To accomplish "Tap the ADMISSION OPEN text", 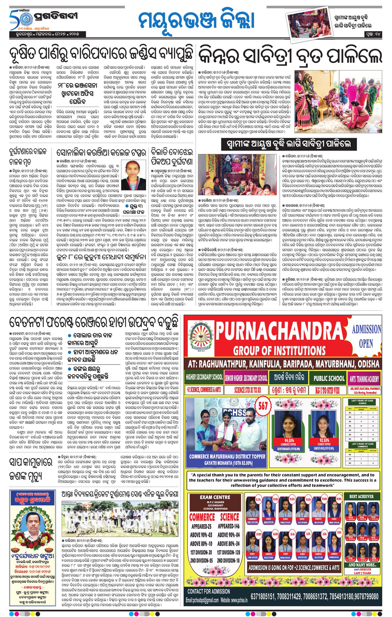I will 366,336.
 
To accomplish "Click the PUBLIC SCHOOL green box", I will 329,378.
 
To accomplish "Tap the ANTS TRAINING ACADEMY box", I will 364,378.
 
